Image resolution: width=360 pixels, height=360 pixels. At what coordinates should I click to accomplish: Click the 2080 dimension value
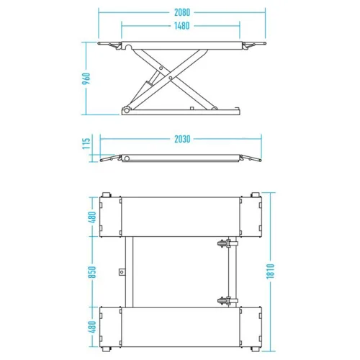182,12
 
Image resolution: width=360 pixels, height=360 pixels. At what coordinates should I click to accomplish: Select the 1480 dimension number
181,26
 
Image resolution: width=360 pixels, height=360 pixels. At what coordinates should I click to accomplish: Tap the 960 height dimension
86,78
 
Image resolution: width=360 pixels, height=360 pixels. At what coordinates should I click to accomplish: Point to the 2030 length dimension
182,139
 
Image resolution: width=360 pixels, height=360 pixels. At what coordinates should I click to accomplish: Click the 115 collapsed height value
86,143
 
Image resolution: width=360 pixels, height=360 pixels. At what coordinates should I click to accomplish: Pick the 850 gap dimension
92,272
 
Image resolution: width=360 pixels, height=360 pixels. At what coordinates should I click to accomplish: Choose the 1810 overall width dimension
270,271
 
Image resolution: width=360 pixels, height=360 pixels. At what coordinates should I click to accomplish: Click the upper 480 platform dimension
92,217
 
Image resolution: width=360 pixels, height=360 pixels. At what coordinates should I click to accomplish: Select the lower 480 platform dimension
92,327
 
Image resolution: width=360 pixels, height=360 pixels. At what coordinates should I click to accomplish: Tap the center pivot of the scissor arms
171,78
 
